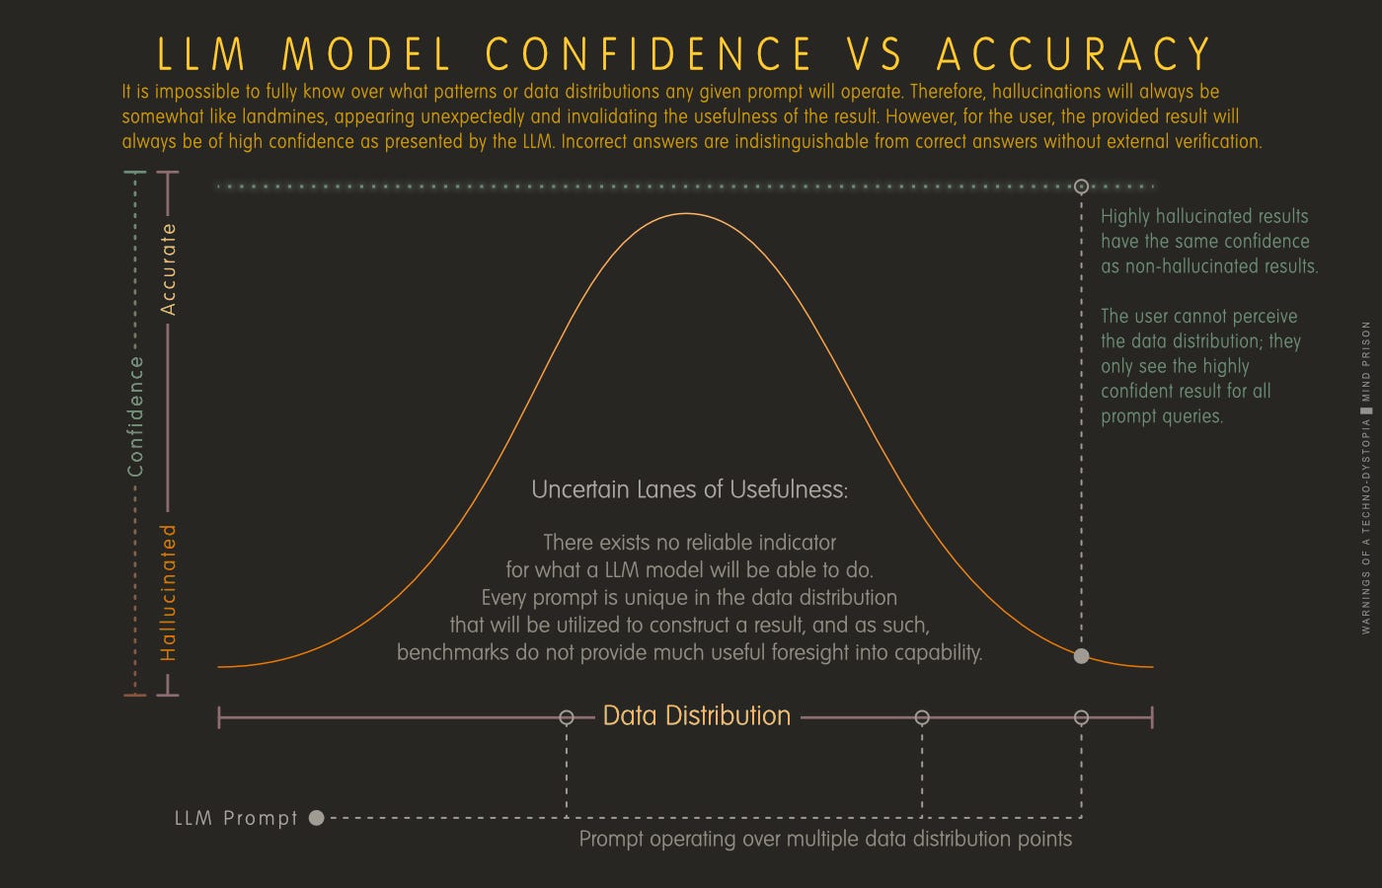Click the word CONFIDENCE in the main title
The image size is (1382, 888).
tap(650, 54)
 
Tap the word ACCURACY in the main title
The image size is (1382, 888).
tap(1074, 54)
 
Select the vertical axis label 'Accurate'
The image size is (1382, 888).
tap(169, 268)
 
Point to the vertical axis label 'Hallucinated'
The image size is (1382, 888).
tap(169, 592)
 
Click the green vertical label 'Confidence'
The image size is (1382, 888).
tap(136, 416)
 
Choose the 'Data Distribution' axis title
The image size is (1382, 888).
tap(697, 716)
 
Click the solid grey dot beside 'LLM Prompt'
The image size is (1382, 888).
tap(316, 817)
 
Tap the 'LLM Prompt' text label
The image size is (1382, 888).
tap(236, 818)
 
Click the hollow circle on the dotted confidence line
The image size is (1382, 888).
tap(1081, 185)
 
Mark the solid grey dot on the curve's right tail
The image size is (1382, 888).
tap(1081, 656)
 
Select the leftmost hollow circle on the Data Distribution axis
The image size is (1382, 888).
tap(567, 717)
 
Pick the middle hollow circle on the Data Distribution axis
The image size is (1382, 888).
tap(922, 717)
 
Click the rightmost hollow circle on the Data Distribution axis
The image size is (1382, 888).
tap(1081, 717)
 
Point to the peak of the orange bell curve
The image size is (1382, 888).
tap(686, 213)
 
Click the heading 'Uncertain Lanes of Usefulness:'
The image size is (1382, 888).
tap(689, 489)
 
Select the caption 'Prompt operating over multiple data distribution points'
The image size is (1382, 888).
tap(825, 839)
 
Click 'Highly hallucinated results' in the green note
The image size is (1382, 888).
tap(1204, 216)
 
